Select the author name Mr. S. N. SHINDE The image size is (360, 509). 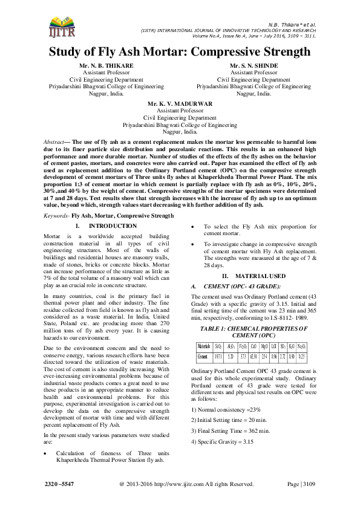pos(254,64)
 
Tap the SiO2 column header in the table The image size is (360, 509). pos(219,347)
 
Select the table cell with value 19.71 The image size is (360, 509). pos(219,356)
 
